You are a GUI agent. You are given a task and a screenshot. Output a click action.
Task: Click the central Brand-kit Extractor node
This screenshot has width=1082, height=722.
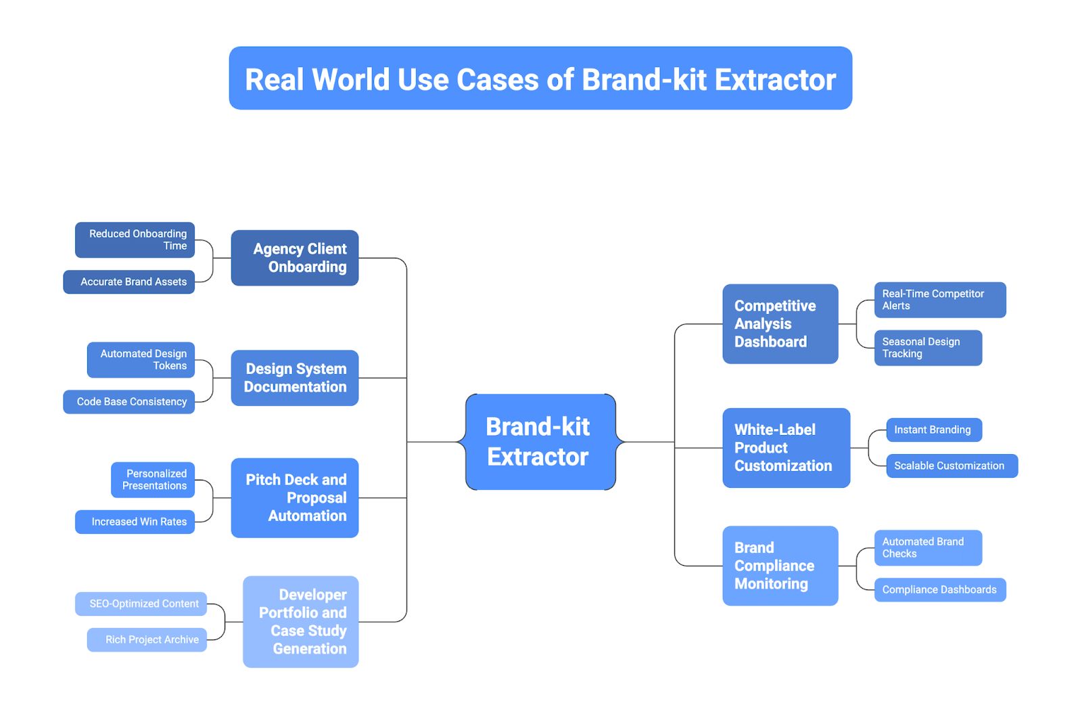tap(540, 442)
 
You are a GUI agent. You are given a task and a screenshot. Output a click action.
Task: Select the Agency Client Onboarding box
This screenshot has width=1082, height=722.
tap(295, 258)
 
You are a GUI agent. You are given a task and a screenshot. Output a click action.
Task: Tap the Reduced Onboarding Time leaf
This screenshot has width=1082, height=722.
tap(135, 240)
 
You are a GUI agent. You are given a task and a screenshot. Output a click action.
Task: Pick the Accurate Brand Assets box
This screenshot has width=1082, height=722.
tap(129, 281)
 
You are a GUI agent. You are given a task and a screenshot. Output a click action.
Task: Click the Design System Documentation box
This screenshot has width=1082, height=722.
tap(295, 378)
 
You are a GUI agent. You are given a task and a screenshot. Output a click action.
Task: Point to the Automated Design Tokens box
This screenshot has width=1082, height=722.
tap(141, 359)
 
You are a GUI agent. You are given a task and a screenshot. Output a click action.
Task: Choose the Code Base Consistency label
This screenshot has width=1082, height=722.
tap(129, 401)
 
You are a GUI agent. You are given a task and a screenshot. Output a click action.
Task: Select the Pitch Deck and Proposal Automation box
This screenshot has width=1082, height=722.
tap(295, 497)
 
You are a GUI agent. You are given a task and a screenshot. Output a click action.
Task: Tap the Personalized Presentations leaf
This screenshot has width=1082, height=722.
tap(153, 479)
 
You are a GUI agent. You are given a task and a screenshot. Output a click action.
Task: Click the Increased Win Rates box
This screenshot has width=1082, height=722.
tap(135, 522)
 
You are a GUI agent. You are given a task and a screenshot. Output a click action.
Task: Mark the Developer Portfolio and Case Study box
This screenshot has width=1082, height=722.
tap(301, 621)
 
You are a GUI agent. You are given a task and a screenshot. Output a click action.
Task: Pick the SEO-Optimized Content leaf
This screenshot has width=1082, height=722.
tap(141, 604)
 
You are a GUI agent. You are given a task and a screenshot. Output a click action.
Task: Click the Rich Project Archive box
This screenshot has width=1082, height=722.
tap(147, 639)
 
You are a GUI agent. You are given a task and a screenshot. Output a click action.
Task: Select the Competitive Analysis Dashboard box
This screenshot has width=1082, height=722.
tap(780, 323)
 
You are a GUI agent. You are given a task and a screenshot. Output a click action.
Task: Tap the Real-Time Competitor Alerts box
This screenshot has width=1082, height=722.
tap(940, 300)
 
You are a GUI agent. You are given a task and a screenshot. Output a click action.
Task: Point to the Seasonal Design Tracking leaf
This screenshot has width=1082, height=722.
tap(928, 348)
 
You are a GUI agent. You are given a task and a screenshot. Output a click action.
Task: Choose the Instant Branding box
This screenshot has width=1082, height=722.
tap(934, 430)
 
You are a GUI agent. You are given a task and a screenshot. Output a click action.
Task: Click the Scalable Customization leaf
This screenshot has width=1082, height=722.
tap(951, 466)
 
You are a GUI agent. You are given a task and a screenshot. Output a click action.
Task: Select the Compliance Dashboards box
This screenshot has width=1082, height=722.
tap(940, 589)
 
